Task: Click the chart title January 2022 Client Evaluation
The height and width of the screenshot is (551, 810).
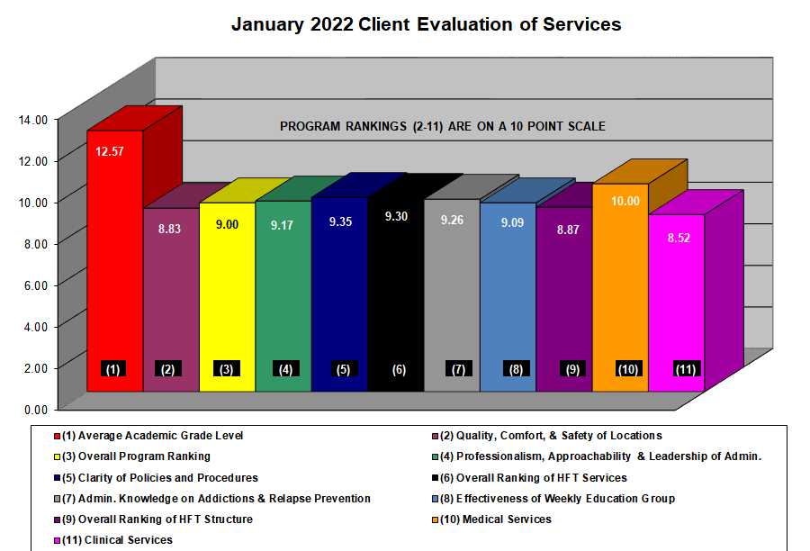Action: (x=426, y=24)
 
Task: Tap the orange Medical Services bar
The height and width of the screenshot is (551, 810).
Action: (x=619, y=288)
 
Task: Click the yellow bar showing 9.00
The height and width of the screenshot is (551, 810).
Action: (x=227, y=297)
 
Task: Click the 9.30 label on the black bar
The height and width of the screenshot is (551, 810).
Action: (x=395, y=216)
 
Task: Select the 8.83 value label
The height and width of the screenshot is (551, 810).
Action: (x=170, y=230)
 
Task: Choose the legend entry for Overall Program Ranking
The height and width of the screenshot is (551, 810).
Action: (x=136, y=456)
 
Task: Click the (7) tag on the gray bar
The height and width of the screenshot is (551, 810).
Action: (x=458, y=369)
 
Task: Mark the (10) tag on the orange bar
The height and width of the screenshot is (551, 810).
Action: (x=627, y=369)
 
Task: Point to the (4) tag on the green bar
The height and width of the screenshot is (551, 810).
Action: (x=284, y=369)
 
